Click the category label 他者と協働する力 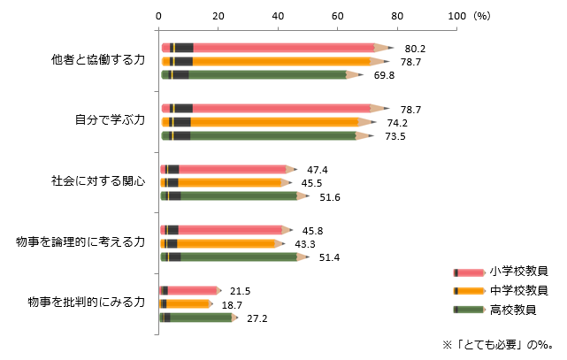click(97, 61)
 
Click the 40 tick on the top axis click(279, 15)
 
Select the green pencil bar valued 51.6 click(234, 195)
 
